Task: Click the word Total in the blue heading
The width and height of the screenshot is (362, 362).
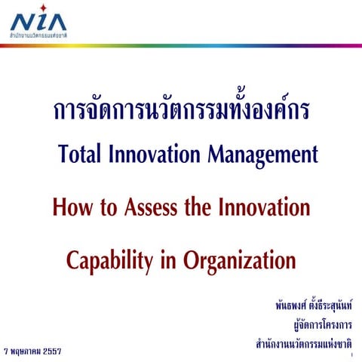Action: click(81, 154)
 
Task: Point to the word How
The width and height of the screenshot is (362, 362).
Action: click(72, 207)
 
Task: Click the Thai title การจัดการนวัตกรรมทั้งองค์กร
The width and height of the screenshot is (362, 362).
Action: click(181, 111)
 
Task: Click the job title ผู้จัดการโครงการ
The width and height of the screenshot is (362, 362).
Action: click(323, 326)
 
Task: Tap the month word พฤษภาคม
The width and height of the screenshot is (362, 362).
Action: click(22, 351)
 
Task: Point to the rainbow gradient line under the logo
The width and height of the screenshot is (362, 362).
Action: click(181, 44)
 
